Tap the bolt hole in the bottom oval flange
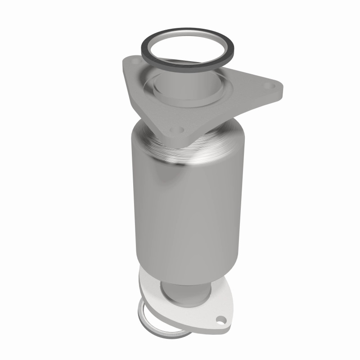220,320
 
